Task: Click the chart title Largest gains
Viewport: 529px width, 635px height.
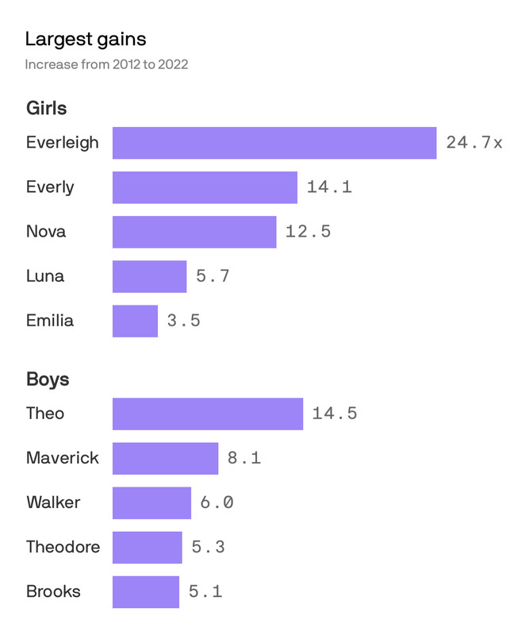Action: (85, 38)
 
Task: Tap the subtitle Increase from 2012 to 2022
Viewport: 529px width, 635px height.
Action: (106, 64)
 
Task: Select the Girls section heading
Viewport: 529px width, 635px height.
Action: (46, 108)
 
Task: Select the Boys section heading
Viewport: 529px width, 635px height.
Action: (48, 379)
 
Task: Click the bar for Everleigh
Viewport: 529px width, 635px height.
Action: (274, 143)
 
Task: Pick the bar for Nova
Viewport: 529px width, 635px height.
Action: (194, 232)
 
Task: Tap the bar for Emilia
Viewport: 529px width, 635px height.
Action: (135, 321)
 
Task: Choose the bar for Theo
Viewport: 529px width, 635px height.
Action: (207, 414)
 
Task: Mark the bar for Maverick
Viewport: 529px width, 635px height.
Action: (165, 458)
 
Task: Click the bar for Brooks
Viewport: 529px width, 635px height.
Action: (146, 591)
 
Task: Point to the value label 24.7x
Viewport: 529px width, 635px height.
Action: (473, 143)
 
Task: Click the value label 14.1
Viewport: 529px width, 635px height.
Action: (329, 187)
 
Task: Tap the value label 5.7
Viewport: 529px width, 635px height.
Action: (213, 276)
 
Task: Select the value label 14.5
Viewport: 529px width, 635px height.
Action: (334, 414)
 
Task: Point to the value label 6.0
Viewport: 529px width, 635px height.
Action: (217, 502)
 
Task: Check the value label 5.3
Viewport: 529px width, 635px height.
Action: (208, 547)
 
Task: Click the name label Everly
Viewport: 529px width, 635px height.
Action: (50, 187)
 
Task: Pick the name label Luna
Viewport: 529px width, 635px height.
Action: (45, 276)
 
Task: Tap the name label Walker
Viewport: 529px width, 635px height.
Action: (53, 502)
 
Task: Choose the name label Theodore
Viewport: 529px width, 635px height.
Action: (63, 547)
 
